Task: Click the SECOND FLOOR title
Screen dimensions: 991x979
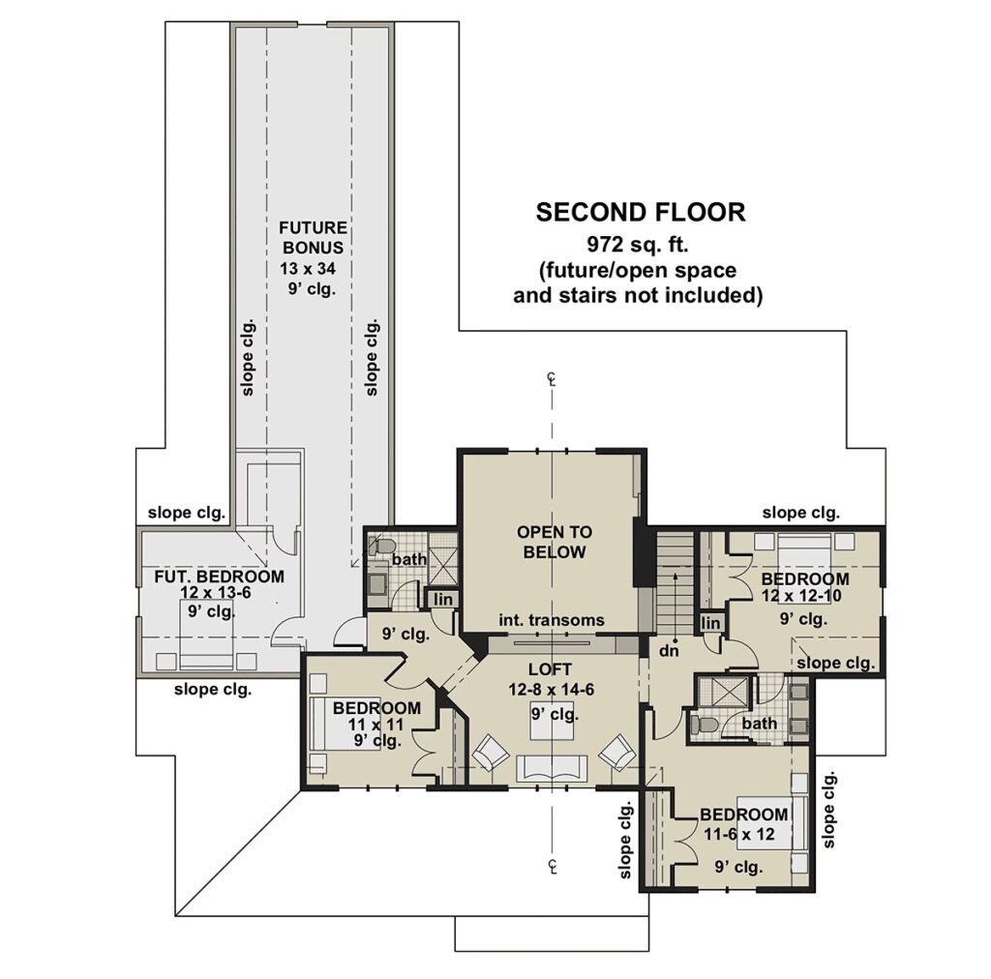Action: pyautogui.click(x=641, y=212)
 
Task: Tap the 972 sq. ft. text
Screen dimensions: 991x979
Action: pyautogui.click(x=638, y=243)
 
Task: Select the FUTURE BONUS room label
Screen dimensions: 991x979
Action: pyautogui.click(x=313, y=237)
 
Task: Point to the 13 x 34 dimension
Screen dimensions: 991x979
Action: pyautogui.click(x=308, y=268)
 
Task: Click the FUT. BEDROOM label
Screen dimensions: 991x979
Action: pyautogui.click(x=220, y=576)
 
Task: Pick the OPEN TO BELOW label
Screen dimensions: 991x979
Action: pyautogui.click(x=555, y=542)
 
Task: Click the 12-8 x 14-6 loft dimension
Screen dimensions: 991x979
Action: pyautogui.click(x=551, y=690)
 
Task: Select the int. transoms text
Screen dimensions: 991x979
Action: pyautogui.click(x=552, y=620)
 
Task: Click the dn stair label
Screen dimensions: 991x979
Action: pyautogui.click(x=669, y=650)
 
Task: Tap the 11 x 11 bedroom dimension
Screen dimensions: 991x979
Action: pyautogui.click(x=376, y=725)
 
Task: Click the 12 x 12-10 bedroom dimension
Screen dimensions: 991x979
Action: pyautogui.click(x=801, y=595)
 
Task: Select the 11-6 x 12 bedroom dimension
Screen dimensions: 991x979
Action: pyautogui.click(x=739, y=834)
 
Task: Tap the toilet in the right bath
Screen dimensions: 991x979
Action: pyautogui.click(x=703, y=724)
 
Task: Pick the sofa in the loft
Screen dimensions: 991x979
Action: pyautogui.click(x=552, y=769)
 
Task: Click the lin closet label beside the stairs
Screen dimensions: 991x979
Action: pyautogui.click(x=710, y=623)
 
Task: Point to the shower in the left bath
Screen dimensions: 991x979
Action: pyautogui.click(x=443, y=559)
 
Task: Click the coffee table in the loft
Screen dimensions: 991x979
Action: pyautogui.click(x=552, y=721)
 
